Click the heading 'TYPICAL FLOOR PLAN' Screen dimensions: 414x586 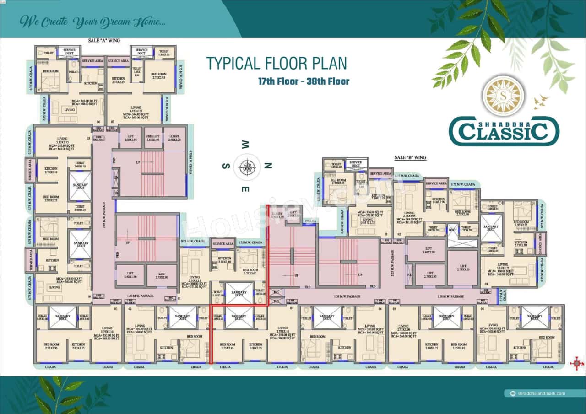coord(276,63)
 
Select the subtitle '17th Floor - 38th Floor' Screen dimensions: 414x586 coord(304,81)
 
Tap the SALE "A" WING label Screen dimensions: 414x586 coord(104,41)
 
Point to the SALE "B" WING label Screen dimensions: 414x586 coord(410,158)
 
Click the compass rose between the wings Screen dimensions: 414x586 coord(247,167)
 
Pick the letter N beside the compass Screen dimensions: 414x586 coord(269,166)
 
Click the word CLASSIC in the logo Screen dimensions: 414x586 coord(504,132)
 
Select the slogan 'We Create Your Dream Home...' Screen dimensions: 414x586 coord(90,21)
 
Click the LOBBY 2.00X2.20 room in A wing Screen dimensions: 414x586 coord(174,138)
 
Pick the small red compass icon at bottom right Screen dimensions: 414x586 coord(576,364)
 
